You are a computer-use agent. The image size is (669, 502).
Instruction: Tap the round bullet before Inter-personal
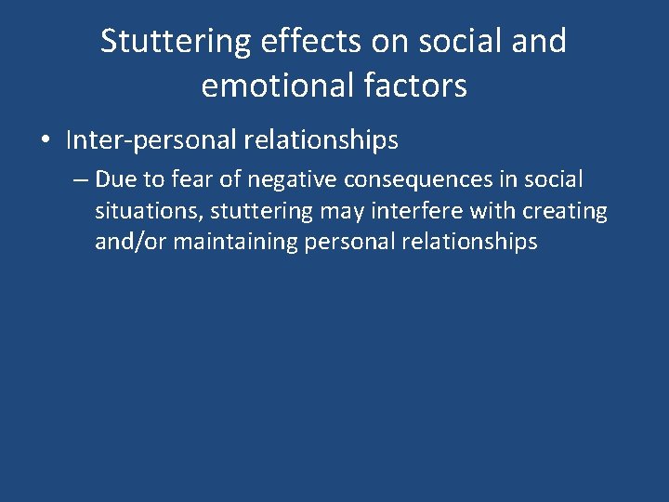[45, 141]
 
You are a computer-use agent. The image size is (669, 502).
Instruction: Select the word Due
[116, 178]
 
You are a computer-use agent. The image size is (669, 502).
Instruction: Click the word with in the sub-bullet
[490, 211]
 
